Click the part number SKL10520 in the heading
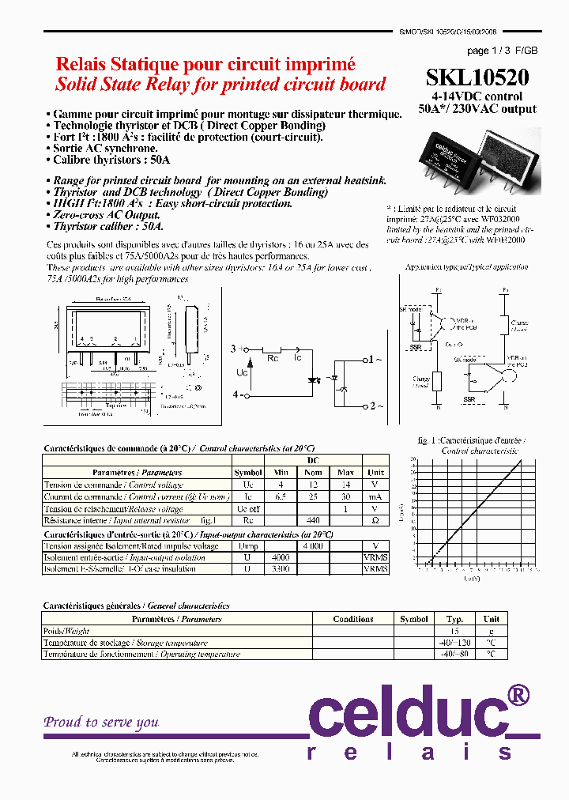tap(477, 77)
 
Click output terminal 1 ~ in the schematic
tap(375, 360)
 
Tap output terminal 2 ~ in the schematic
tap(375, 406)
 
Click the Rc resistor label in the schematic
tap(272, 358)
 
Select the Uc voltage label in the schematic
tap(243, 372)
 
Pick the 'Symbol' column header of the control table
tap(247, 473)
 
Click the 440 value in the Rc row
tap(312, 521)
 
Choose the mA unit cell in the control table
tap(375, 496)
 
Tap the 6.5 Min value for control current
tap(279, 496)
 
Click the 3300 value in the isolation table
tap(279, 569)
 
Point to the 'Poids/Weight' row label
tap(66, 631)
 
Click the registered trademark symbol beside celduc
tap(517, 696)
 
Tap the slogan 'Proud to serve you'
tap(101, 722)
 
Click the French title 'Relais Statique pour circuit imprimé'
tap(205, 65)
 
